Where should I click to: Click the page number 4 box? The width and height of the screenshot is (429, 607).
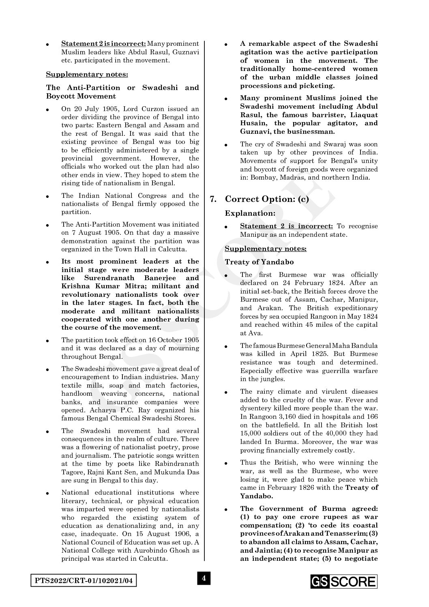(x=204, y=578)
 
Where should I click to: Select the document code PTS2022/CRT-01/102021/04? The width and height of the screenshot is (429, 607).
(x=83, y=581)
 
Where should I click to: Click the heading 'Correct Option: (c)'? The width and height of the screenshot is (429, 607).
(x=267, y=199)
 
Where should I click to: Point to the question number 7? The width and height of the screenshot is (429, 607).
(x=213, y=199)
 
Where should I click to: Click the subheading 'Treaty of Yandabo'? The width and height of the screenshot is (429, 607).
(x=259, y=262)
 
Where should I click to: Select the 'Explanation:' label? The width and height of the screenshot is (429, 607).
(x=250, y=213)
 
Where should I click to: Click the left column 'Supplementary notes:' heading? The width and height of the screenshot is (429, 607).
(x=86, y=74)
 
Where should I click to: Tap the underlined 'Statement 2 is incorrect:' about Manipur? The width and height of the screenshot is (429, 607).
(x=286, y=226)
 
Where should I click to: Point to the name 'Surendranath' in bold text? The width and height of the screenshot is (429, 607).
(x=109, y=278)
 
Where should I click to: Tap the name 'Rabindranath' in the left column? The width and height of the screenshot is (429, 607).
(x=179, y=463)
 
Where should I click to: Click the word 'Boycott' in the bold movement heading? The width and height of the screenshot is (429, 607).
(x=60, y=96)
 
